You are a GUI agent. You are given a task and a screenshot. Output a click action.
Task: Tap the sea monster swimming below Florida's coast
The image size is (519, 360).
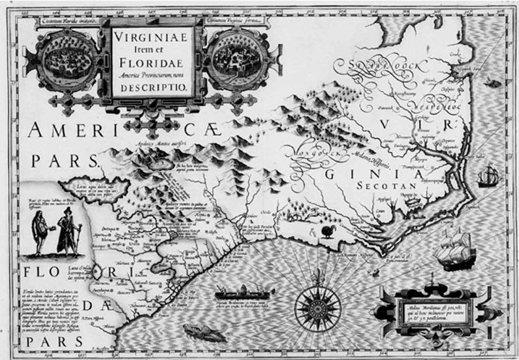(x=198, y=332)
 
